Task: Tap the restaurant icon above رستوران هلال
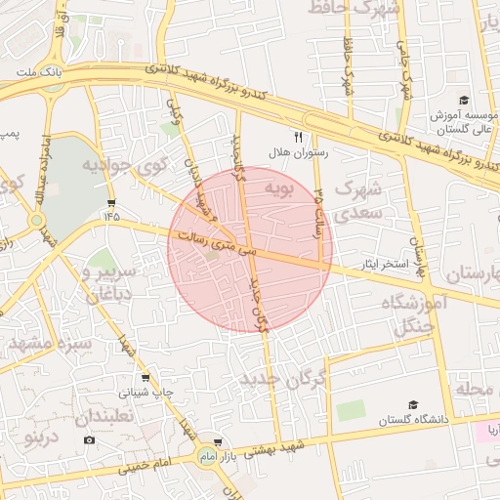[299, 137]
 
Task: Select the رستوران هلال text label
[299, 153]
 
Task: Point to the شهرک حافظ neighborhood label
[356, 9]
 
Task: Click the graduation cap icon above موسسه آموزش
[463, 101]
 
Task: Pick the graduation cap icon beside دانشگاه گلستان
[413, 404]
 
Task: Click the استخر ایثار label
[384, 265]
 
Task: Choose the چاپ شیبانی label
[146, 394]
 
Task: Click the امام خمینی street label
[147, 464]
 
